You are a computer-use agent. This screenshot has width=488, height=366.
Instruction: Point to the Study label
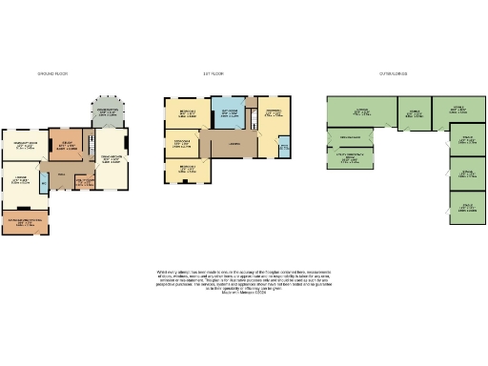(66, 145)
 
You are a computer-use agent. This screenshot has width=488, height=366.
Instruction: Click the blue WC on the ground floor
(44, 183)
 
